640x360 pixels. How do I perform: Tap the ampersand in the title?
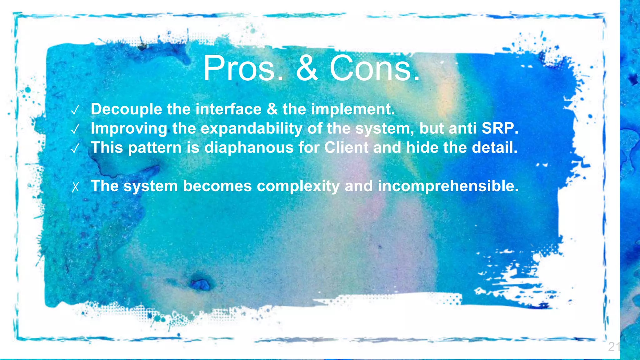point(307,68)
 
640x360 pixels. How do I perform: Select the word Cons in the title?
point(374,68)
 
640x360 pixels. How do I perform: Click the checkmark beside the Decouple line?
point(75,110)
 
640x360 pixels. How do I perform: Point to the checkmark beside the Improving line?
point(75,129)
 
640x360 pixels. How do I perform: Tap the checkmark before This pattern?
point(75,148)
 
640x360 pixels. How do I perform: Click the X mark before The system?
point(75,187)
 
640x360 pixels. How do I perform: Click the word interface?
point(228,109)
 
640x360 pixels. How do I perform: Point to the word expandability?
point(251,128)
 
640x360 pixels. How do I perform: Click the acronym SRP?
point(499,128)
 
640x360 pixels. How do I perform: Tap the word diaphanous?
point(249,147)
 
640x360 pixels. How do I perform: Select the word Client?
point(346,147)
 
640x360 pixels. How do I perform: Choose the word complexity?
point(298,186)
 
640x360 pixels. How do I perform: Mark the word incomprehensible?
point(448,186)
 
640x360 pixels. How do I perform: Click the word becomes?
point(217,186)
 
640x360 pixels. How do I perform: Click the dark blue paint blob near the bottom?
point(200,284)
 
